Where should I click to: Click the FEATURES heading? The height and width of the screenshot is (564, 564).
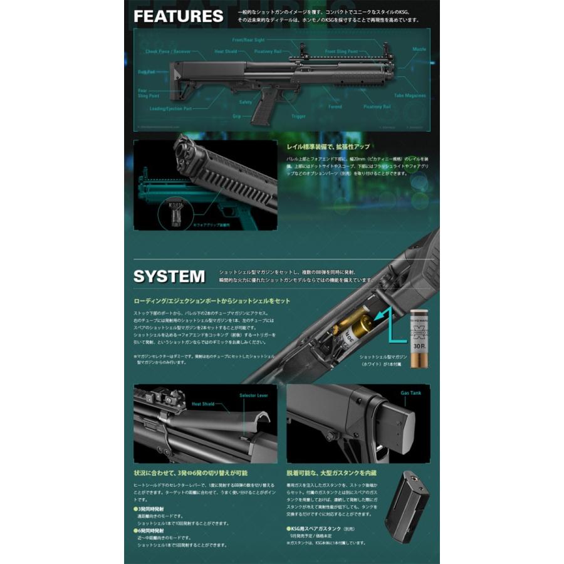(178, 16)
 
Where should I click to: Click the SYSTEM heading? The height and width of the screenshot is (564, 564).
(169, 275)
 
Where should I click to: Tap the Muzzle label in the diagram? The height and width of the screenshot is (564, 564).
(419, 48)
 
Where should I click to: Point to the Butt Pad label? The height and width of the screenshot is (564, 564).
(147, 71)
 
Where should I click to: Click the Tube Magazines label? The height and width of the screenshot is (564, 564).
(410, 96)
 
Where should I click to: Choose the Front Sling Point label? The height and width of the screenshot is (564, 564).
(342, 51)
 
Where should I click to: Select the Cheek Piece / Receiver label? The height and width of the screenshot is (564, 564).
(167, 52)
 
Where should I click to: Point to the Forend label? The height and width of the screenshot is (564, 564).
(335, 107)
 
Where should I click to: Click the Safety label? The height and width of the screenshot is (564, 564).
(245, 102)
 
